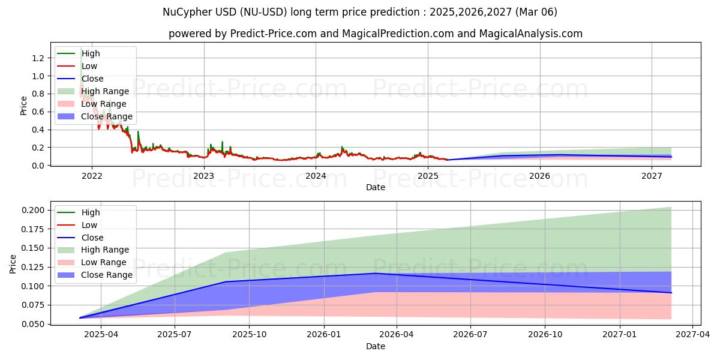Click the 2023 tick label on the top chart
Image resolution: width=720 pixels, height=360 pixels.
pos(204,176)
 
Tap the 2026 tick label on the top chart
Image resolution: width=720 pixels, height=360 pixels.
pos(540,176)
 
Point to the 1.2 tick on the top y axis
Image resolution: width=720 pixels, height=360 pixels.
pos(38,58)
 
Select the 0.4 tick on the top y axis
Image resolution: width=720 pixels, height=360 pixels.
pos(38,130)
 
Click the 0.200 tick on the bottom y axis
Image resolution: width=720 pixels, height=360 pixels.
pos(33,210)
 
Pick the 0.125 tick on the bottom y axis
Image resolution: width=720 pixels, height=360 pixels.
pos(33,248)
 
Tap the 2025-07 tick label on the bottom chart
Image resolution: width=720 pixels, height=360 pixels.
pos(175,335)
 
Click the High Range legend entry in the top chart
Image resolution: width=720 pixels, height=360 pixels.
pos(105,91)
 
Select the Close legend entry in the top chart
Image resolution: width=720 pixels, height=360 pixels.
pos(92,79)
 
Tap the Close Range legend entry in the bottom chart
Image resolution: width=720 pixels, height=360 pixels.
pos(107,275)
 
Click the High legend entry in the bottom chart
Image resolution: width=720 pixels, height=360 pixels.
pos(91,212)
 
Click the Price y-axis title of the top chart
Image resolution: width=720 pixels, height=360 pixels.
pos(23,105)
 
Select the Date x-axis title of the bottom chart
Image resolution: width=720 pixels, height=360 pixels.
pos(376,346)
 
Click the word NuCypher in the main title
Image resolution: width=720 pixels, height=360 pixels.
pos(184,12)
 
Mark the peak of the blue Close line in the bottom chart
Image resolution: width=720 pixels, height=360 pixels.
pos(376,274)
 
